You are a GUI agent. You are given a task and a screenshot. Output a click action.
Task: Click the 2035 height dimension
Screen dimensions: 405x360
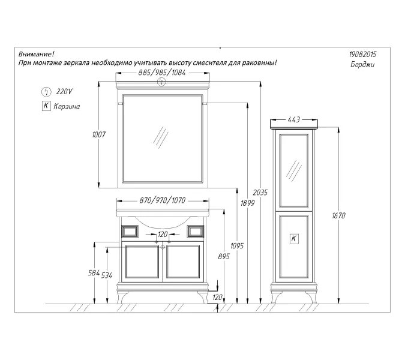(260, 193)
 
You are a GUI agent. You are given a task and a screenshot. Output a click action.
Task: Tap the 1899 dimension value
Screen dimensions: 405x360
(248, 203)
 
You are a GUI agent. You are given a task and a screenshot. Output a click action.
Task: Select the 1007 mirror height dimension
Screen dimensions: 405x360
(99, 134)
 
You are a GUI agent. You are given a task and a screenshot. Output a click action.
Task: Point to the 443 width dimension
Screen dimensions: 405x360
(293, 119)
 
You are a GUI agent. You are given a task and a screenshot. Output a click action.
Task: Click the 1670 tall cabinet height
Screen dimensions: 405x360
(338, 215)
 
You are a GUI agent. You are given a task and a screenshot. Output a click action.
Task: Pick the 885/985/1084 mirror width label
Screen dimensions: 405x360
(162, 73)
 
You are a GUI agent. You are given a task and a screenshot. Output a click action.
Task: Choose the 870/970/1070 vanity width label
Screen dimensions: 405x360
(163, 200)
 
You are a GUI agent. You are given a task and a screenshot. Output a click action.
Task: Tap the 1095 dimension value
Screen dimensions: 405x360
(237, 246)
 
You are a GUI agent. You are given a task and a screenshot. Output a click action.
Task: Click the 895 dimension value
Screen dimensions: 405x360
(224, 256)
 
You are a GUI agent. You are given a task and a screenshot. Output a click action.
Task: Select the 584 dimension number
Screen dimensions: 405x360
(94, 273)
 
